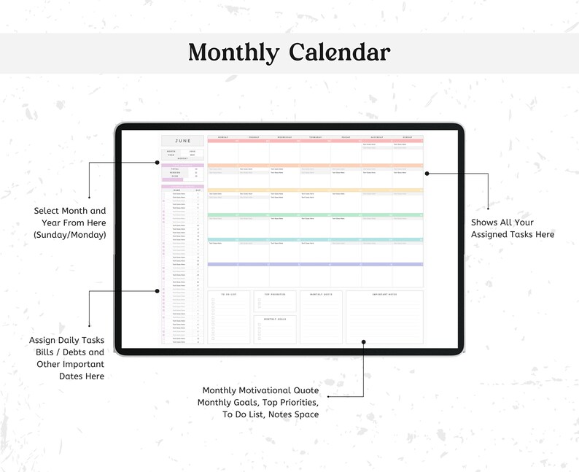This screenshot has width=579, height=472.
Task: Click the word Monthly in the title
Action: point(233,53)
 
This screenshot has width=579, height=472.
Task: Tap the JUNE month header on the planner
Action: point(182,141)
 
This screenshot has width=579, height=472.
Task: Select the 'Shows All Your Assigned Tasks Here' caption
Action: point(512,228)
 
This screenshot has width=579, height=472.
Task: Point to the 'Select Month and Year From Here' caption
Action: point(69,223)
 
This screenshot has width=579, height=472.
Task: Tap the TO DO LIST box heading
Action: point(230,293)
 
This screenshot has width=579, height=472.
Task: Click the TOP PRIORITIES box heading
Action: point(275,293)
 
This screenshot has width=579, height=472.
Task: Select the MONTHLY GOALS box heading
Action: point(275,319)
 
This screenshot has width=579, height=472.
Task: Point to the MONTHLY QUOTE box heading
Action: point(322,293)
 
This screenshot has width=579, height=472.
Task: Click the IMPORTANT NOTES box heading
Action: point(384,293)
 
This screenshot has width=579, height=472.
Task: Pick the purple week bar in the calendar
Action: point(315,264)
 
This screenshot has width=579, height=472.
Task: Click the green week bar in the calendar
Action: point(315,215)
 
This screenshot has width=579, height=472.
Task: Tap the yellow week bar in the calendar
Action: point(315,190)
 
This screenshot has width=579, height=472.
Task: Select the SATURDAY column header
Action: point(376,136)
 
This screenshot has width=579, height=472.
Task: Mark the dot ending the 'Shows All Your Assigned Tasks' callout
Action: point(427,174)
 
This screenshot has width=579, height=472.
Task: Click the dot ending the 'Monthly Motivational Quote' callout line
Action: point(362,341)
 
